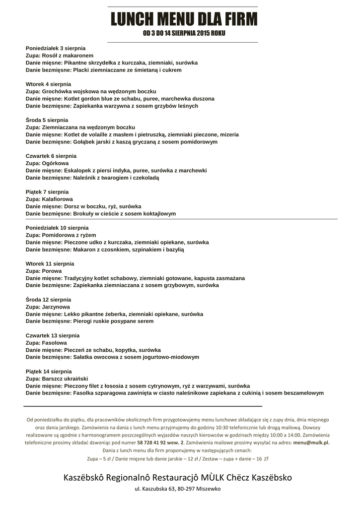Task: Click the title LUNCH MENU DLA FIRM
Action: [x=184, y=20]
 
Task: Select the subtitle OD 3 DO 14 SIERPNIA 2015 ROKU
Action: [x=184, y=34]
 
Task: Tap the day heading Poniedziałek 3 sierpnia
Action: [x=56, y=48]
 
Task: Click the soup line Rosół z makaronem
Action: [x=60, y=56]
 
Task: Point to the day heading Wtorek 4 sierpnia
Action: [x=48, y=84]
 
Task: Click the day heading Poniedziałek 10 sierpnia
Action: [x=57, y=228]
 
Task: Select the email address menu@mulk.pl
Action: [x=311, y=442]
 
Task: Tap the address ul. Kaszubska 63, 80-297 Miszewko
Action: [x=178, y=489]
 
